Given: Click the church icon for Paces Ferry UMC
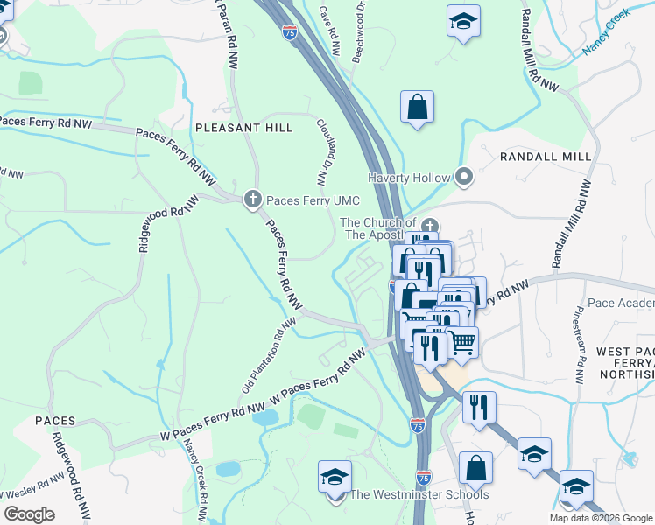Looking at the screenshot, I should pos(253,199).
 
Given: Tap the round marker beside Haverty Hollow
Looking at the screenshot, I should pos(464,178).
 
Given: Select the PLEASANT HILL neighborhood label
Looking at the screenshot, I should pos(243,128).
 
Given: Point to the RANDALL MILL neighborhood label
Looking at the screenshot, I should pos(546,156).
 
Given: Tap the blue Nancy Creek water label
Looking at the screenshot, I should pos(606,32).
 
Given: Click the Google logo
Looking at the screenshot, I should pos(29,514).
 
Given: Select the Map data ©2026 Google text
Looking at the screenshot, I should pos(601,518).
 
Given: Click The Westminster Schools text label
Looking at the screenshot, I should pos(419,495).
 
